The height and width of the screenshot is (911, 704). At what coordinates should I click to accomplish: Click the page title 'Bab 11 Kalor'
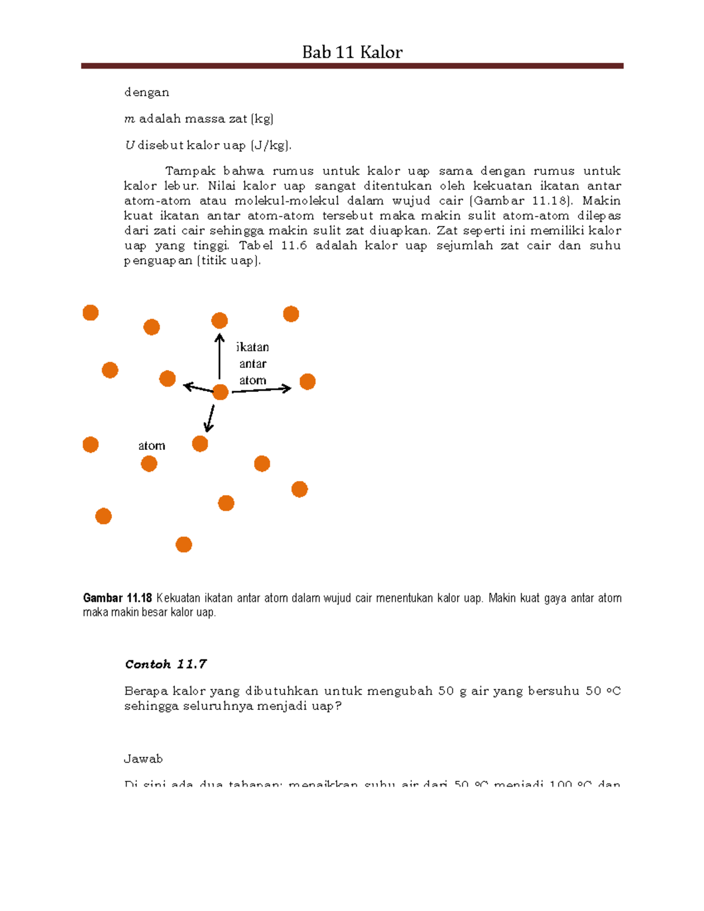(352, 52)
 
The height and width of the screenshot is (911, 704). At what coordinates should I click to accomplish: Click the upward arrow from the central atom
(219, 357)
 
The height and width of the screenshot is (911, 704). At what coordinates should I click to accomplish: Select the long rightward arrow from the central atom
(262, 390)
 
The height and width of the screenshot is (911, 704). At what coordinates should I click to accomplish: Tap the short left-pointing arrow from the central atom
(198, 388)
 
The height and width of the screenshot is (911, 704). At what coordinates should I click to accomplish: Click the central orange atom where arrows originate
(220, 392)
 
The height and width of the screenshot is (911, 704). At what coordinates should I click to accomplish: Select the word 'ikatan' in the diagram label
(252, 347)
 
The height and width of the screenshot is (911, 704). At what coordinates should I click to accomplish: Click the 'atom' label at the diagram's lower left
(151, 446)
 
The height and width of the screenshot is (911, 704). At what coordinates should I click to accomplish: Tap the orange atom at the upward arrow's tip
(219, 320)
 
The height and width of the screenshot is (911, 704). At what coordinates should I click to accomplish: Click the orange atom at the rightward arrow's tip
(307, 382)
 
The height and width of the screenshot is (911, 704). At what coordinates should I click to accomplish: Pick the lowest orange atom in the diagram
(184, 544)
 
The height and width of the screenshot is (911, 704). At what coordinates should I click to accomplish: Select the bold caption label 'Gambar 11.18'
(117, 598)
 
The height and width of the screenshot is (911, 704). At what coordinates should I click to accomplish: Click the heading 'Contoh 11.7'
(165, 664)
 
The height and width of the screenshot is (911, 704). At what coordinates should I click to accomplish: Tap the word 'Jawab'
(143, 759)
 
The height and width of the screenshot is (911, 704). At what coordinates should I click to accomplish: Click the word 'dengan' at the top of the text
(147, 92)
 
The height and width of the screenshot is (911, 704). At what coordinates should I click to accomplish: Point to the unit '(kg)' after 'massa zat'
(262, 119)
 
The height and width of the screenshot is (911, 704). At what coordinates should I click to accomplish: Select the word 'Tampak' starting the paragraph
(190, 171)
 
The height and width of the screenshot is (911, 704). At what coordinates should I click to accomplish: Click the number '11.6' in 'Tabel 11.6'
(294, 246)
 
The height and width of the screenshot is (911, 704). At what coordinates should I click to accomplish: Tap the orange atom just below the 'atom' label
(149, 464)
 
